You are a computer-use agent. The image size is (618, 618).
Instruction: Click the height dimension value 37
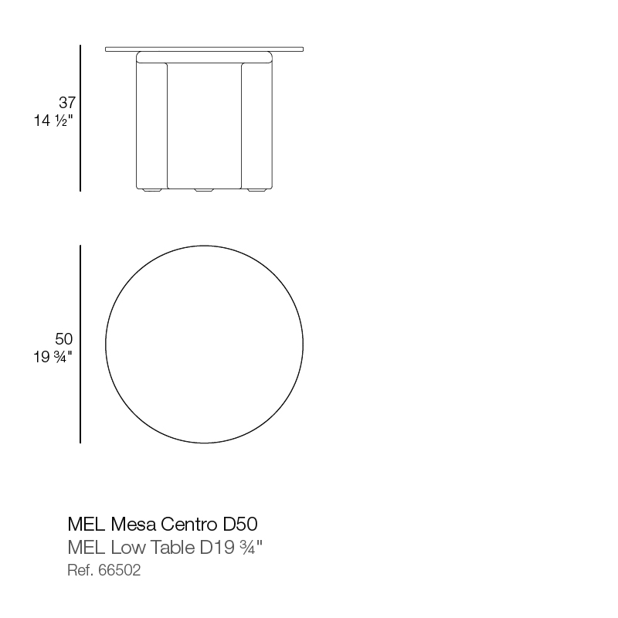pos(67,103)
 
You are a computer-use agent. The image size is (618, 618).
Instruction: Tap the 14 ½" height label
pos(53,121)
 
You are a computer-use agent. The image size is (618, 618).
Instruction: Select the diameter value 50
pos(64,339)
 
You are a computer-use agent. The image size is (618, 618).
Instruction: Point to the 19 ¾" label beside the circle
pos(53,357)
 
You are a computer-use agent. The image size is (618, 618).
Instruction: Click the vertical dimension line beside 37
pos(80,118)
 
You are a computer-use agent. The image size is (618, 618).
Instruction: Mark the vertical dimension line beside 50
pos(80,344)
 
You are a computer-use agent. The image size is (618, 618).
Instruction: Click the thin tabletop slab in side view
pos(204,49)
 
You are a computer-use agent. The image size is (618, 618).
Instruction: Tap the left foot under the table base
pos(152,190)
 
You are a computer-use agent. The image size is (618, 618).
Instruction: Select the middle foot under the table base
pos(204,190)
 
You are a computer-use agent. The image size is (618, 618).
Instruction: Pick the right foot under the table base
pos(256,190)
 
